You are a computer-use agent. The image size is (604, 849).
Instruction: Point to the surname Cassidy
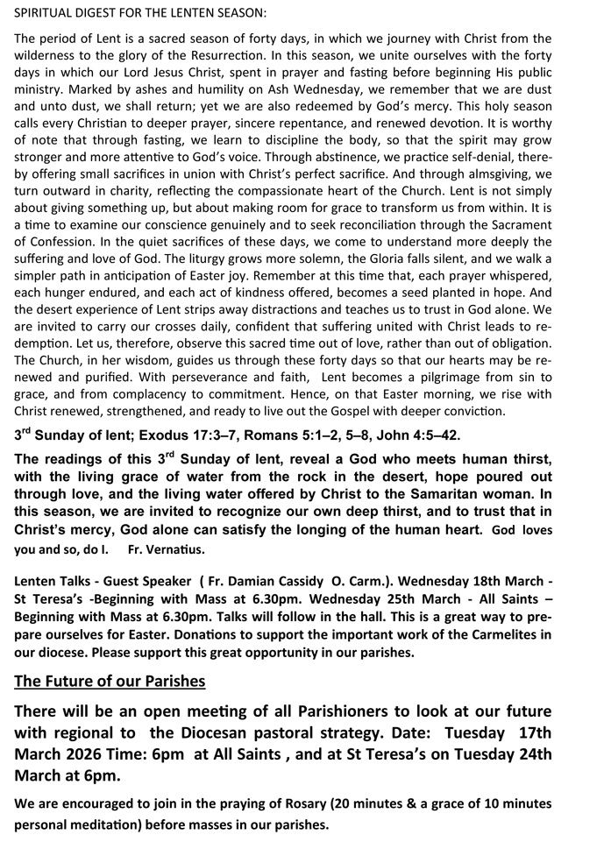tap(295, 581)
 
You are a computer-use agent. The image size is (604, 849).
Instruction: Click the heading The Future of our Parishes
tap(110, 681)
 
